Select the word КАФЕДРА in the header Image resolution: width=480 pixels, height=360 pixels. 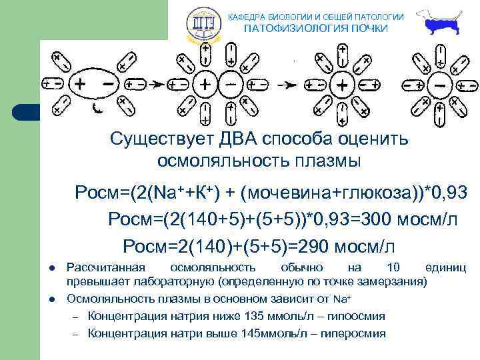pyautogui.click(x=249, y=16)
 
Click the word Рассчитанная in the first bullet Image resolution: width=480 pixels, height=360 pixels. pyautogui.click(x=107, y=268)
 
